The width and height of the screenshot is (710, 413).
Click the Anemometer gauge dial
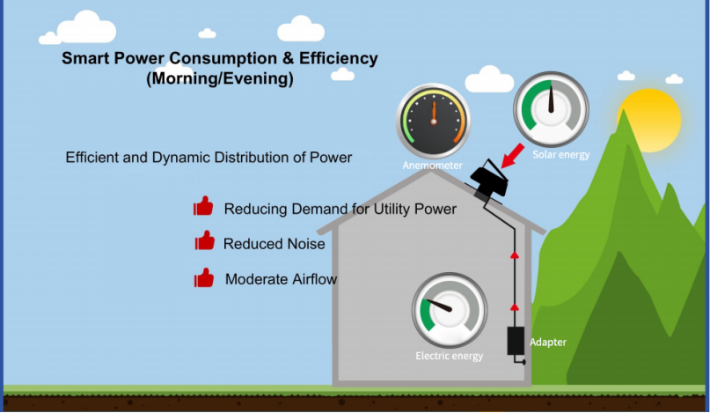434,121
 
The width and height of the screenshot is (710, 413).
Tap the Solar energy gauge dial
551,109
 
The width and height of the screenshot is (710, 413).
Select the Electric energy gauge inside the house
450,311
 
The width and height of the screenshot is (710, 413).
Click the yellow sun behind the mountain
650,120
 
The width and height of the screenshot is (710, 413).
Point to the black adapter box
516,341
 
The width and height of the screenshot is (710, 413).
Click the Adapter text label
548,342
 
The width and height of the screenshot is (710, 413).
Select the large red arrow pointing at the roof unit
513,156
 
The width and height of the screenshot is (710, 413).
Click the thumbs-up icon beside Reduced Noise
205,240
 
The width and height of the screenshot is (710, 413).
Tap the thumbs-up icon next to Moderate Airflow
204,277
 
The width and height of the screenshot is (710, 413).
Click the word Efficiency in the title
338,58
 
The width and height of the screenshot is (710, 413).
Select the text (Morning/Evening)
220,78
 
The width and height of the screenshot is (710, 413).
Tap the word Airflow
314,279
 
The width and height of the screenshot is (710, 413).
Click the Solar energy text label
561,155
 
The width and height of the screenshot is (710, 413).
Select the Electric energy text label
450,356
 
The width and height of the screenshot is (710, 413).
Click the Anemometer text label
433,165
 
